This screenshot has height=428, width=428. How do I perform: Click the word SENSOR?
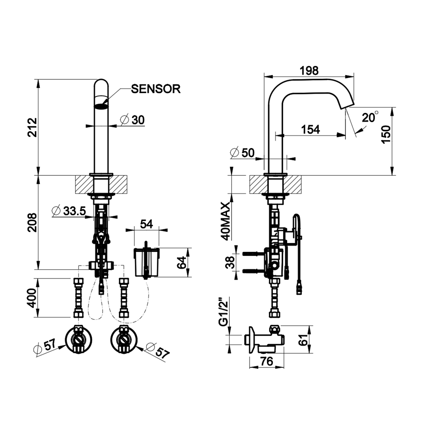(x=156, y=89)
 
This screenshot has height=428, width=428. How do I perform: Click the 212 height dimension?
(x=32, y=128)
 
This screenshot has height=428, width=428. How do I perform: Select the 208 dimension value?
(x=32, y=222)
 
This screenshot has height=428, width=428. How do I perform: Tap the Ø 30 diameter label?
(x=133, y=120)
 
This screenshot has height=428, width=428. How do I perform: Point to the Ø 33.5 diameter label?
(x=69, y=211)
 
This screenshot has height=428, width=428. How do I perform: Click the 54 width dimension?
(x=147, y=224)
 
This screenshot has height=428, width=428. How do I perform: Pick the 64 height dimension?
(x=182, y=262)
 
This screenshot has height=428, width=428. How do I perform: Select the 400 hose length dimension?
(x=32, y=298)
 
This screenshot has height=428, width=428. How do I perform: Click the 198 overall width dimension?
(x=309, y=71)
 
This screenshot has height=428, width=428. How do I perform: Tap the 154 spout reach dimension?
(x=311, y=129)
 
